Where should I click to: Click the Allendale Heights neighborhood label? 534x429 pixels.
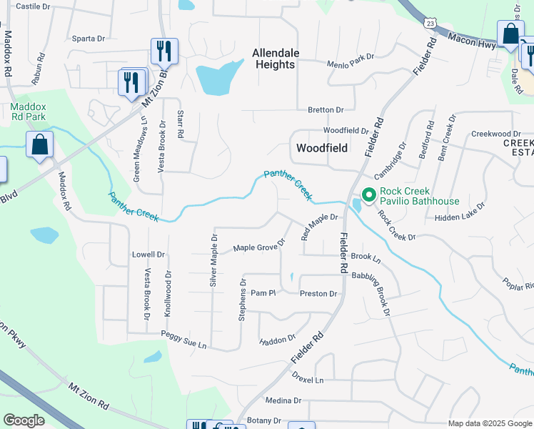click(x=274, y=59)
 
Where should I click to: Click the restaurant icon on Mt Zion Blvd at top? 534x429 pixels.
click(x=164, y=50)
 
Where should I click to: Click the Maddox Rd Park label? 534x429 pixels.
click(x=28, y=112)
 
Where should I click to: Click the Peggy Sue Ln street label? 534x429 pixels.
click(x=183, y=340)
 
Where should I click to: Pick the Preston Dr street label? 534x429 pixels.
click(x=318, y=294)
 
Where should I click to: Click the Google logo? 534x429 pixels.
click(x=24, y=420)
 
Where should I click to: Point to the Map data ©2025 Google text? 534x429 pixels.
click(x=489, y=423)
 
